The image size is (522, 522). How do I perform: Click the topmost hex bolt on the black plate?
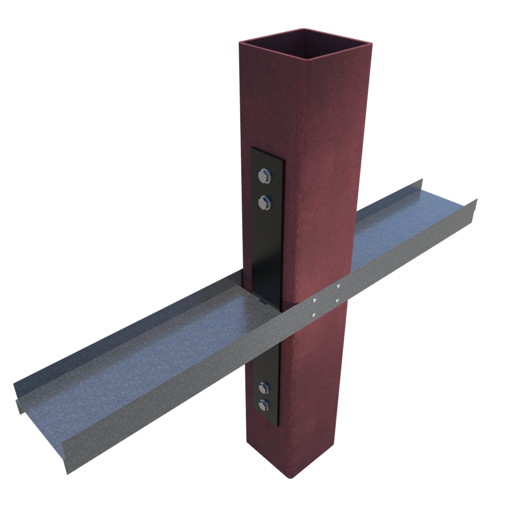point(265,176)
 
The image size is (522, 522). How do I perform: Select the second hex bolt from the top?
point(265,201)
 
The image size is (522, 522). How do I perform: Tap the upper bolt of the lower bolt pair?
point(264,387)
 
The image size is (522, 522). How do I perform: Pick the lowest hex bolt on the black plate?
point(264,404)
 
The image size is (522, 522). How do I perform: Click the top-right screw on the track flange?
point(338,286)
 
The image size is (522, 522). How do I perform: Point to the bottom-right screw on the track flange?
point(338,301)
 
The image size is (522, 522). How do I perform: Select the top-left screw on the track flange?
point(314,301)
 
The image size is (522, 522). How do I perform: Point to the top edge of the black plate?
point(267,152)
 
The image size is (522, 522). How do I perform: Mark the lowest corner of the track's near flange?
point(67,473)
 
